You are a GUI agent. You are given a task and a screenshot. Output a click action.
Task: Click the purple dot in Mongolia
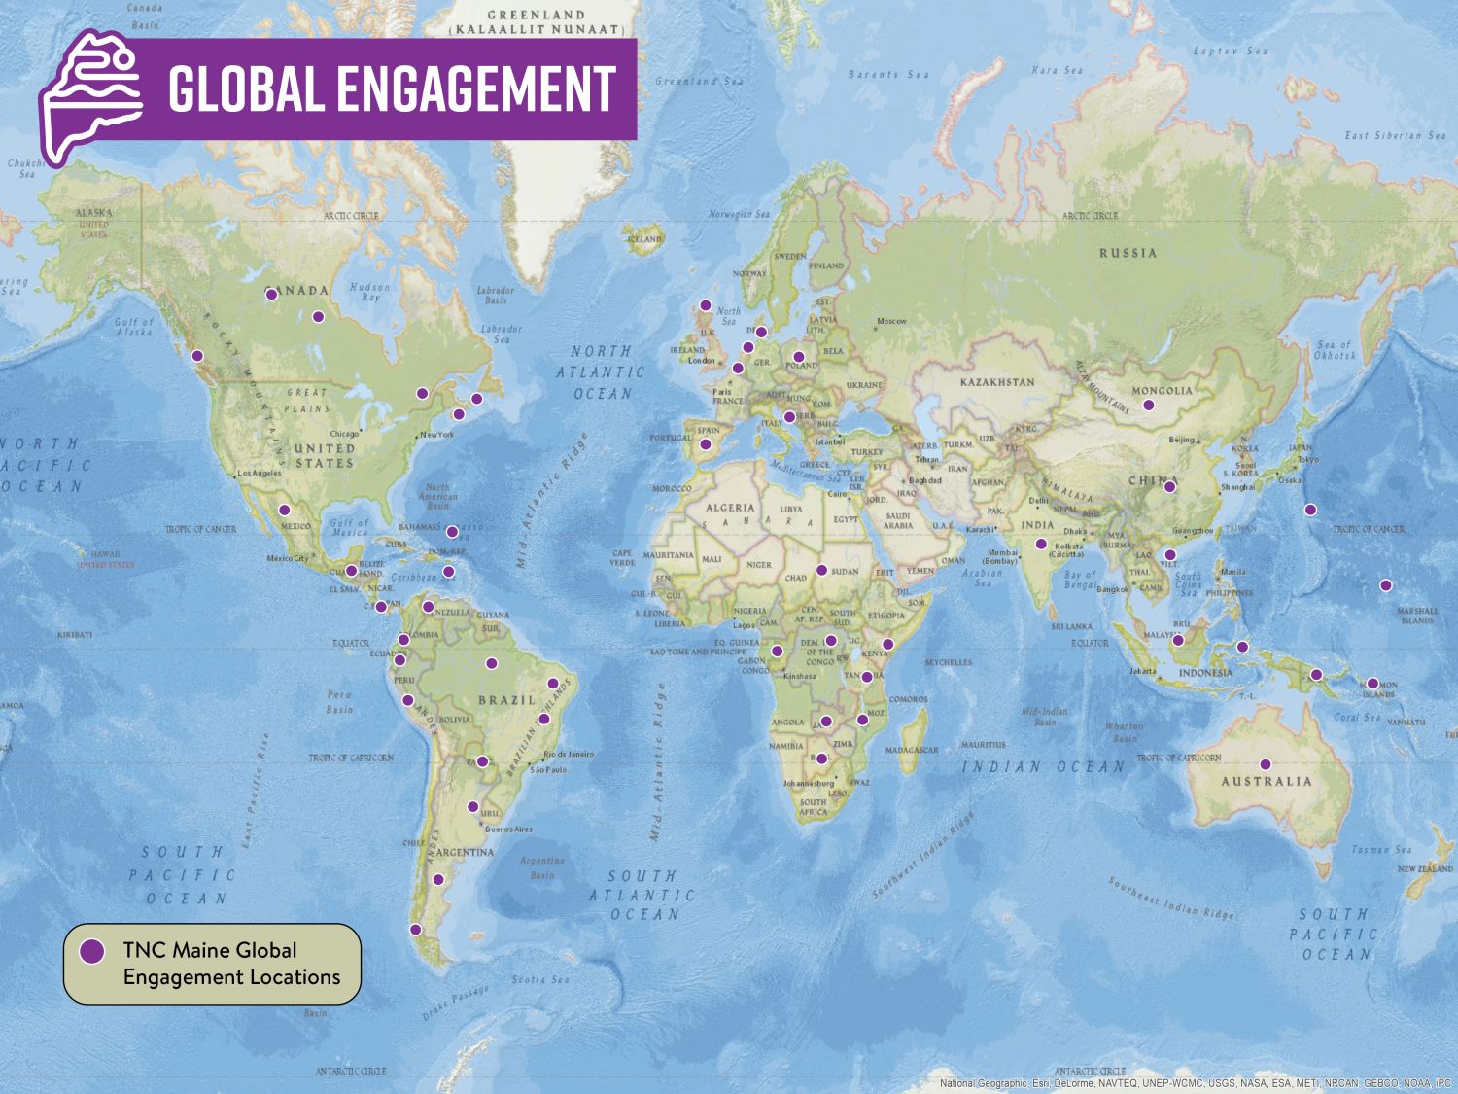(1148, 405)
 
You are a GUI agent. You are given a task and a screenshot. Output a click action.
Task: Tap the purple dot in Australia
(1266, 764)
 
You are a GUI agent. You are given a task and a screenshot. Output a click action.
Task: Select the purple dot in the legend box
(92, 951)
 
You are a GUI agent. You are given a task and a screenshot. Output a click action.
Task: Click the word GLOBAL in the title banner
(246, 88)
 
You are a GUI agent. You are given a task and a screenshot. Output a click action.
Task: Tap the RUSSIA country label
(1128, 253)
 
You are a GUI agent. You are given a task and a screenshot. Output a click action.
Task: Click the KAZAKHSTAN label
(998, 382)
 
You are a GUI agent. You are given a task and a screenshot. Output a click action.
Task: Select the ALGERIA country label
(729, 508)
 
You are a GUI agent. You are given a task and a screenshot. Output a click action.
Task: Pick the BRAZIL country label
(506, 700)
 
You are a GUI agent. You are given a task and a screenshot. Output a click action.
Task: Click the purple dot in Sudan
(821, 571)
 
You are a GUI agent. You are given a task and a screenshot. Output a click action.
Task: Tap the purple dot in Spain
(707, 444)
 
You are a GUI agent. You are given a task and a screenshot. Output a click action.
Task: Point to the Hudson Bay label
(369, 292)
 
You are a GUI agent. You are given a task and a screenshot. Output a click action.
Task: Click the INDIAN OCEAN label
(1043, 767)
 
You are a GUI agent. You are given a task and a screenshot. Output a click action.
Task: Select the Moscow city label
(891, 321)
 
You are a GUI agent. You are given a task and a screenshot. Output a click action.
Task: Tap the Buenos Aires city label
(508, 829)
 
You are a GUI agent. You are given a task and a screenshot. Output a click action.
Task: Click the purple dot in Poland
(799, 357)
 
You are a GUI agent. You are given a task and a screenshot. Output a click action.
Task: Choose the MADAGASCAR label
(912, 750)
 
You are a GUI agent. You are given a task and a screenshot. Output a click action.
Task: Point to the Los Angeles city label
(260, 474)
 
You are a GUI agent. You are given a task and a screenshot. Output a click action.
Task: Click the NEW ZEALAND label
(1425, 868)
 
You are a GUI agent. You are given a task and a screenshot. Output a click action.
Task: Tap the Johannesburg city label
(809, 783)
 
